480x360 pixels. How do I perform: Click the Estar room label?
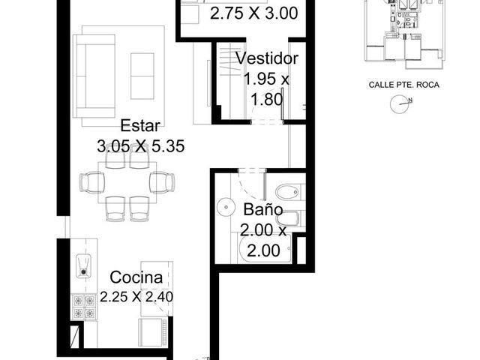point(140,126)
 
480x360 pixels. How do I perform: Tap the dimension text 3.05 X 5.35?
point(141,145)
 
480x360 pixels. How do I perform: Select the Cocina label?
point(136,277)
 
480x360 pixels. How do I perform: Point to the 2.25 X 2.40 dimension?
point(136,297)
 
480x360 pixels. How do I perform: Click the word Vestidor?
point(267,58)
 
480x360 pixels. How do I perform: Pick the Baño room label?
point(263,209)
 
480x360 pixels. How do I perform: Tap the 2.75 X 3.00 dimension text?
point(254,13)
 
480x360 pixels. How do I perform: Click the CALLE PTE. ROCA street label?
point(403,85)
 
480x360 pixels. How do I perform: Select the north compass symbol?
point(400,104)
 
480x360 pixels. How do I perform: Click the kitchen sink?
point(83,266)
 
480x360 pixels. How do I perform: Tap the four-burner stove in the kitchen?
point(84,307)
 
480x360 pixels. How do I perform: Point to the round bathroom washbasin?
point(226,207)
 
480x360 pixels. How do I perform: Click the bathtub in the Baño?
point(265,248)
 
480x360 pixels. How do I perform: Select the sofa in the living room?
point(94,76)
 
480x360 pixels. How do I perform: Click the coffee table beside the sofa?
point(142,76)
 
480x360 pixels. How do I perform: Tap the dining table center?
point(127,182)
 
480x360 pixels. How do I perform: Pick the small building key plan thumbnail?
point(404,34)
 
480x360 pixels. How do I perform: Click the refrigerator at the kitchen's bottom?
point(153,333)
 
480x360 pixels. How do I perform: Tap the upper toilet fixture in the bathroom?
point(287,193)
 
